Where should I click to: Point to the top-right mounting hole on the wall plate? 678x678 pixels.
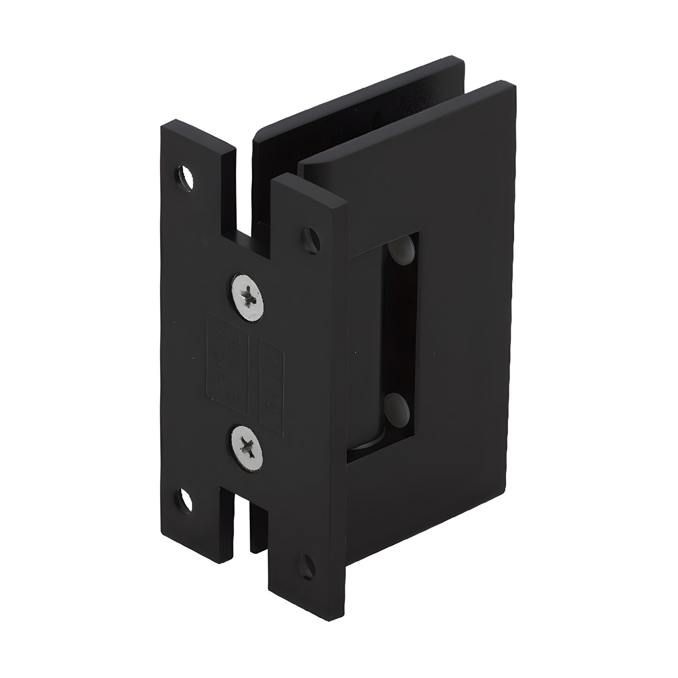tap(311, 238)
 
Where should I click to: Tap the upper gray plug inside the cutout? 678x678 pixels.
tap(402, 248)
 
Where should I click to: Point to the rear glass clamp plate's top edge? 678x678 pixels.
tap(357, 94)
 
